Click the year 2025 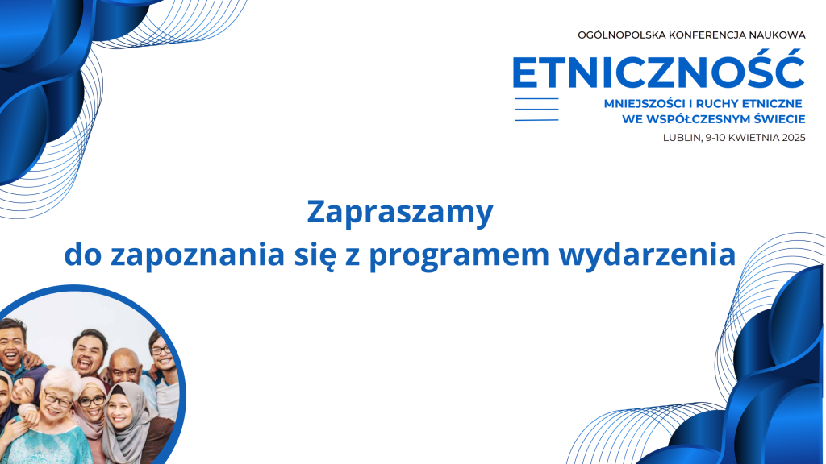click(x=794, y=138)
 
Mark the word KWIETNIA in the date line click(x=754, y=138)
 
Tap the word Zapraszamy click(x=400, y=213)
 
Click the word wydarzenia click(x=647, y=255)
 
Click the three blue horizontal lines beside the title click(x=536, y=110)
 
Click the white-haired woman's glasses click(x=57, y=400)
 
